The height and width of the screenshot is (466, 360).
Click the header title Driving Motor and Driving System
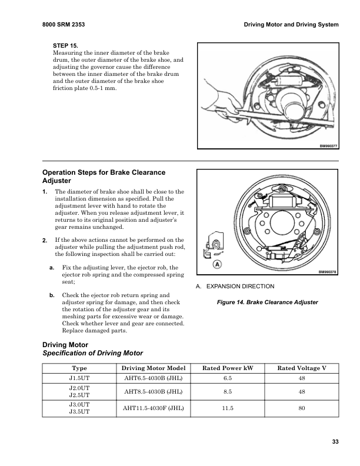[x=291, y=24]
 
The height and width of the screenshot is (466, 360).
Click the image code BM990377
[x=328, y=147]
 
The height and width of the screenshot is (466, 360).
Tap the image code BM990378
[x=328, y=272]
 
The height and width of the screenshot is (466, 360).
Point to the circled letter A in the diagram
[x=217, y=265]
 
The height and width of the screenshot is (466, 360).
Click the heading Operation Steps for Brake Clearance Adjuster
[x=104, y=177]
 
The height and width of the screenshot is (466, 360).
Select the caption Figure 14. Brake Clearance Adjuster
[x=268, y=302]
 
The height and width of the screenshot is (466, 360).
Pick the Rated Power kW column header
[x=228, y=368]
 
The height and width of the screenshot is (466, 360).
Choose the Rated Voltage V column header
[x=302, y=368]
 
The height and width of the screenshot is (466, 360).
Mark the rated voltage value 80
[x=302, y=408]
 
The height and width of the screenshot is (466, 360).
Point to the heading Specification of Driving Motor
[x=93, y=354]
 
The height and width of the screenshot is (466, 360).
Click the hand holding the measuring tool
[x=216, y=96]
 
